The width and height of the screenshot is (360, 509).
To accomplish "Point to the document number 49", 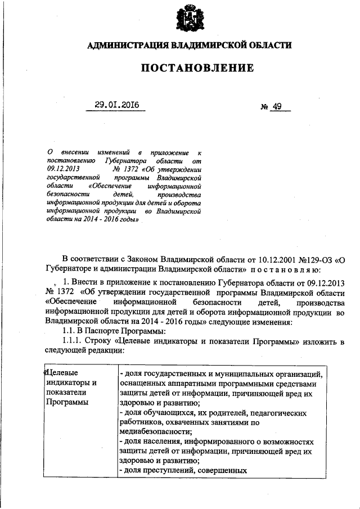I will coord(277,106).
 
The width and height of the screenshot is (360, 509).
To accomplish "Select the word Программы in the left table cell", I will coord(67,402).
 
